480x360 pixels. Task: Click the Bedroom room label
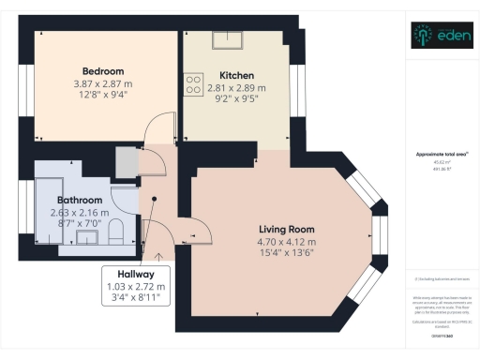[103, 71]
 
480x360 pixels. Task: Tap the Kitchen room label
[236, 75]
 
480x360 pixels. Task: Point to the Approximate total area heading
[440, 153]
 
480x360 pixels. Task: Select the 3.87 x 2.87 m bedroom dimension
[103, 84]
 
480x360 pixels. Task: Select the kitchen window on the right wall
[299, 89]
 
